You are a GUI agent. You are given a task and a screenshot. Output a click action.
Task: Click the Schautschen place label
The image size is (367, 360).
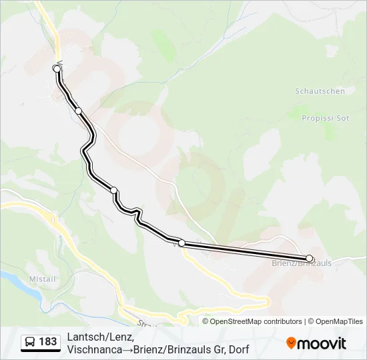click(x=320, y=91)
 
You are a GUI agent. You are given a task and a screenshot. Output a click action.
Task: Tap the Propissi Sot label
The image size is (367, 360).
click(x=326, y=118)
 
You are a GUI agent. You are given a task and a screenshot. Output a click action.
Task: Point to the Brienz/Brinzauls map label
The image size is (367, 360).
click(x=302, y=263)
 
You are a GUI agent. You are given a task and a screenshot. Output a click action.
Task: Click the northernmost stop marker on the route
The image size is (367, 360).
click(x=57, y=68)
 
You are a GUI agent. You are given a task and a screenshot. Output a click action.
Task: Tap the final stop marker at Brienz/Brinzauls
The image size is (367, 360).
click(x=309, y=258)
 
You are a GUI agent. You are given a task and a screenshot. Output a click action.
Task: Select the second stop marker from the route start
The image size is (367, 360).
click(x=79, y=110)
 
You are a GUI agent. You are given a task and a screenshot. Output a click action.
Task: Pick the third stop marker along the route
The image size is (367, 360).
click(x=114, y=190)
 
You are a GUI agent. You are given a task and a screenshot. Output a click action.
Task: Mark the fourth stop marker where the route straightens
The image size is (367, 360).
click(x=181, y=243)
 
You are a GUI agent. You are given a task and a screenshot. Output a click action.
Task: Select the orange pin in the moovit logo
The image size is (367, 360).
click(x=291, y=343)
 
